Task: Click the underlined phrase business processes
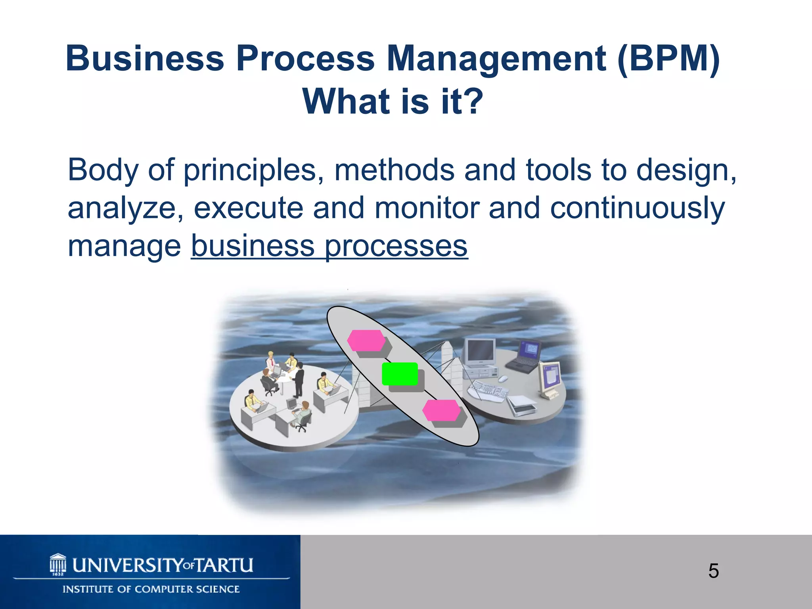pos(329,246)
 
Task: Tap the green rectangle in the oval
pos(400,373)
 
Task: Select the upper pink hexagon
pos(366,340)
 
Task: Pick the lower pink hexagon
pos(441,410)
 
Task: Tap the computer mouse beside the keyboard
pos(503,379)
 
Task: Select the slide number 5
pos(713,571)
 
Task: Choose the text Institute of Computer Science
pos(151,589)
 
